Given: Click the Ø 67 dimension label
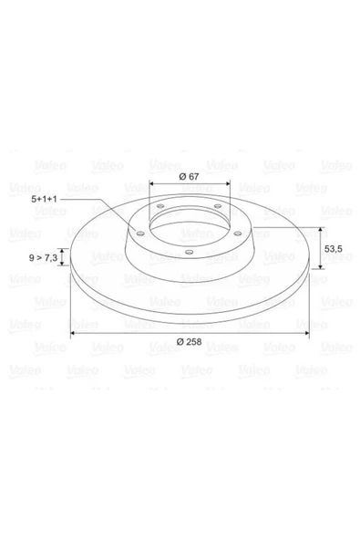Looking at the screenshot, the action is point(189,177).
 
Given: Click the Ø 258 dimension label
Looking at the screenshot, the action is point(189,342).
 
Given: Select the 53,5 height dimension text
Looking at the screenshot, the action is point(334,249).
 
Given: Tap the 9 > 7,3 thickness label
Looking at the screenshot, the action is point(43,257).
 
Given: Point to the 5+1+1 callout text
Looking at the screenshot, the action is point(44,199).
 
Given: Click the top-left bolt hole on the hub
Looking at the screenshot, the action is point(160,206).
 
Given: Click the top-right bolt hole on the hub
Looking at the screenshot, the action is point(218,206).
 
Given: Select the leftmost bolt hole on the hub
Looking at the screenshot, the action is point(140,234).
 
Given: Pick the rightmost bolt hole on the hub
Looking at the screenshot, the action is point(238,234).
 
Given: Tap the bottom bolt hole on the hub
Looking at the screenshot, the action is point(189,253).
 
